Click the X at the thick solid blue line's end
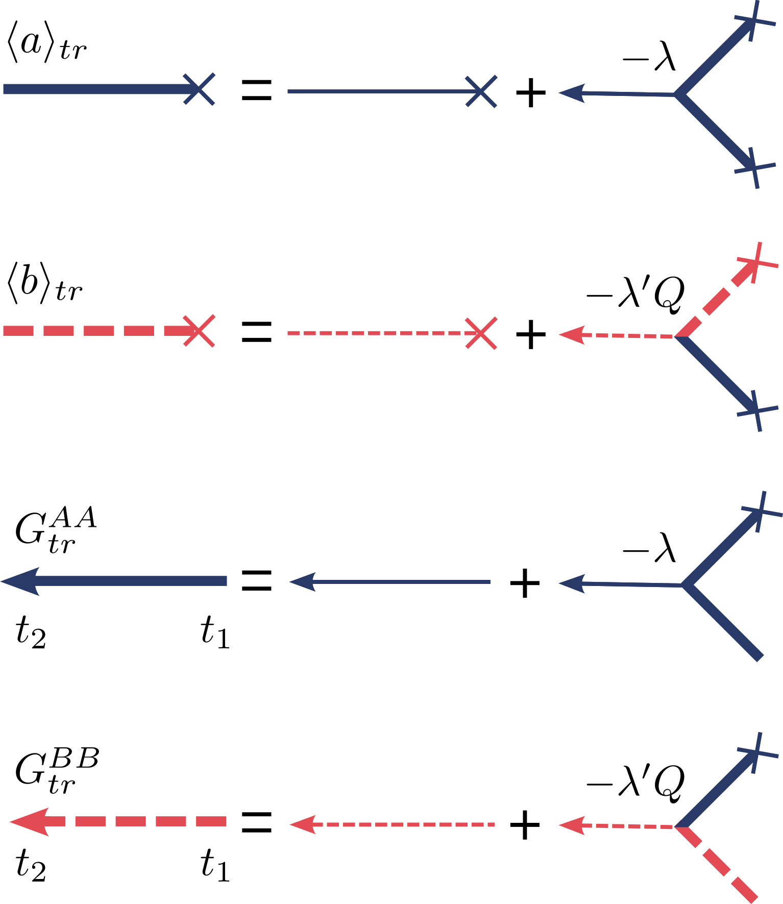pyautogui.click(x=199, y=89)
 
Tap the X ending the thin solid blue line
pyautogui.click(x=481, y=91)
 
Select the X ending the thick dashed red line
pyautogui.click(x=199, y=331)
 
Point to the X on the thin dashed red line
pyautogui.click(x=481, y=333)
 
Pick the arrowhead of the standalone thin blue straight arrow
pyautogui.click(x=302, y=582)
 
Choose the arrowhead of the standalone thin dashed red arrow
pyautogui.click(x=302, y=824)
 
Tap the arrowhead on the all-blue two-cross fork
pyautogui.click(x=571, y=93)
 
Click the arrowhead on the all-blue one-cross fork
pyautogui.click(x=571, y=583)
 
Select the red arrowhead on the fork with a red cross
pyautogui.click(x=571, y=335)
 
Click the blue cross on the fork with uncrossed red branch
pyautogui.click(x=757, y=752)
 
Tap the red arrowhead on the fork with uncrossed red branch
pyautogui.click(x=571, y=825)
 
